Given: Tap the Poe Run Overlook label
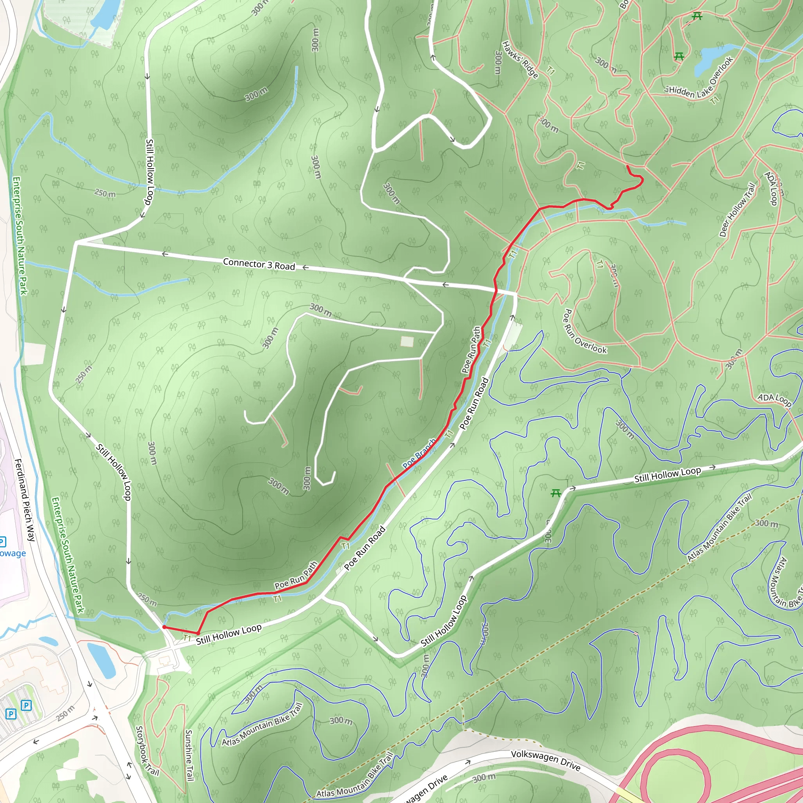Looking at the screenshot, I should click(584, 331).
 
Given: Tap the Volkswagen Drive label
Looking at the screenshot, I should click(545, 760).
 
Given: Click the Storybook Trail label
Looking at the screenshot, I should click(147, 750).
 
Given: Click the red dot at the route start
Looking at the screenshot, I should click(164, 627).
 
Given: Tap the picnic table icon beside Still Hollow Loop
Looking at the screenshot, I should click(556, 493).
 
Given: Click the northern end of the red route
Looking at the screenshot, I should click(627, 166).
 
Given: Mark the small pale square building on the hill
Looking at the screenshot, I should click(407, 342).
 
